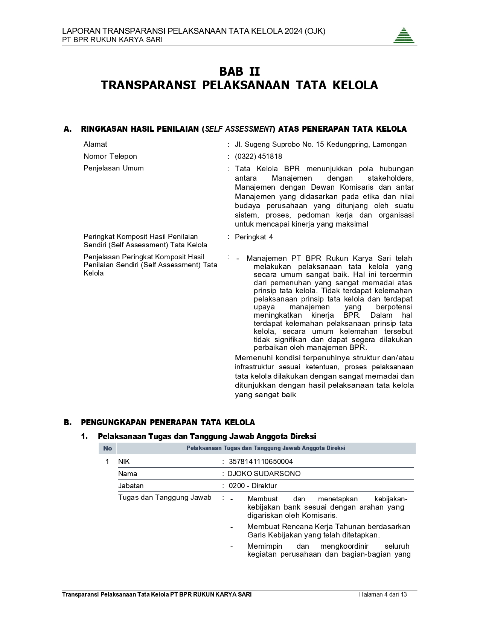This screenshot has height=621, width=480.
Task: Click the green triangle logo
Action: pos(404,36)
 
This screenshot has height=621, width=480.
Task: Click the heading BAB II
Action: pos(239,72)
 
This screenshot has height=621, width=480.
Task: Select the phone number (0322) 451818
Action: pos(258,156)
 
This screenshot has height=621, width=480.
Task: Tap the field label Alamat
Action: pos(95,144)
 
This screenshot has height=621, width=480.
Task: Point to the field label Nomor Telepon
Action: pos(110,156)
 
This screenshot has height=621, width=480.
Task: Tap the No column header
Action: pos(108,448)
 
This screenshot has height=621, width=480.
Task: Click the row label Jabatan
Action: pos(131,486)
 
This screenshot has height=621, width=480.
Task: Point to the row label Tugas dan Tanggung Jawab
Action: pos(165,498)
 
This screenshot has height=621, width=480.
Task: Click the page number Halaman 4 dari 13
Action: pos(383,595)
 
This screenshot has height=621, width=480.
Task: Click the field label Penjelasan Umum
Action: pos(113,168)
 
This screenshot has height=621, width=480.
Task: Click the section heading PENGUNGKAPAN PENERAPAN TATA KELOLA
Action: pos(168,422)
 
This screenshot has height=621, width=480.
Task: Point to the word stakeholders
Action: pos(390,178)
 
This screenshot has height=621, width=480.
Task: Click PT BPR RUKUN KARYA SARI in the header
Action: pos(112,40)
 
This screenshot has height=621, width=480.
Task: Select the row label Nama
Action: pos(127,473)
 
